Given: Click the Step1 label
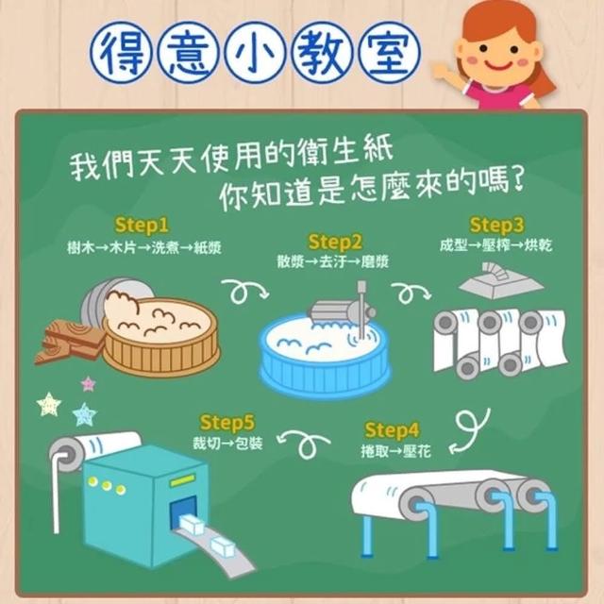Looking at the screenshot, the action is click(142, 225).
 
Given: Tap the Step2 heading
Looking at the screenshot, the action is click(335, 242).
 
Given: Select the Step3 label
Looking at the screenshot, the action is click(496, 225).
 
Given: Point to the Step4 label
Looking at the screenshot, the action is click(392, 430).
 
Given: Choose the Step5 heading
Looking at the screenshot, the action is click(227, 423).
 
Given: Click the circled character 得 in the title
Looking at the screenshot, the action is click(122, 53).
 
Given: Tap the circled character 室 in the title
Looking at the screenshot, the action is click(390, 53).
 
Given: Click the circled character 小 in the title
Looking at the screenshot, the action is click(255, 53).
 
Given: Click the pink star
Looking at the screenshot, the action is click(89, 384).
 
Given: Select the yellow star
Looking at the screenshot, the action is click(49, 405).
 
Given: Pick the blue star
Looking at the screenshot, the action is click(85, 414).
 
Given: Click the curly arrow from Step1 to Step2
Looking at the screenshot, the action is click(244, 292).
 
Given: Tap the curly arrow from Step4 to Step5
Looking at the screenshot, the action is click(304, 443).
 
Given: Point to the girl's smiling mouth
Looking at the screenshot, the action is click(498, 65).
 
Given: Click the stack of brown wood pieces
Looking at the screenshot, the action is click(70, 342).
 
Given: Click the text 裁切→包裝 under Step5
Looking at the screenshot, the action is click(227, 443).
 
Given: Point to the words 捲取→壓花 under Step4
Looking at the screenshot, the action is click(395, 451).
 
